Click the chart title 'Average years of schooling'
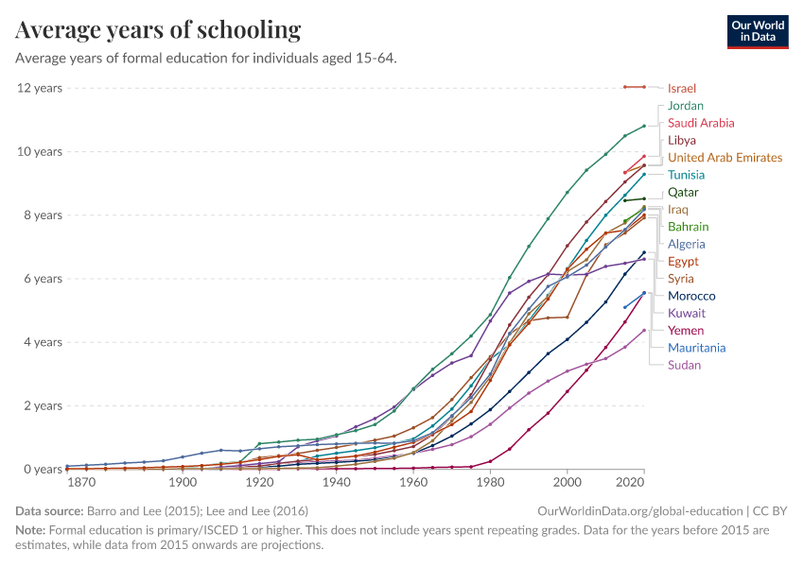[x=158, y=30]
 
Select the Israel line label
[x=681, y=88]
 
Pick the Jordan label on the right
[x=685, y=106]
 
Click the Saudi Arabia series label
[x=700, y=123]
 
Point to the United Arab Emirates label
[x=725, y=158]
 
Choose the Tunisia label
[x=686, y=175]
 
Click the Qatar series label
[x=683, y=192]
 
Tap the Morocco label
[x=691, y=296]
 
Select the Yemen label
[x=685, y=331]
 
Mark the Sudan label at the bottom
[x=684, y=365]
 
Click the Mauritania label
[x=696, y=348]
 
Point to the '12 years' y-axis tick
[x=39, y=88]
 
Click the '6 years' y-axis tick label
[x=43, y=279]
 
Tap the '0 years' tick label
[x=43, y=470]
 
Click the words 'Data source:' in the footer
[x=48, y=510]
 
